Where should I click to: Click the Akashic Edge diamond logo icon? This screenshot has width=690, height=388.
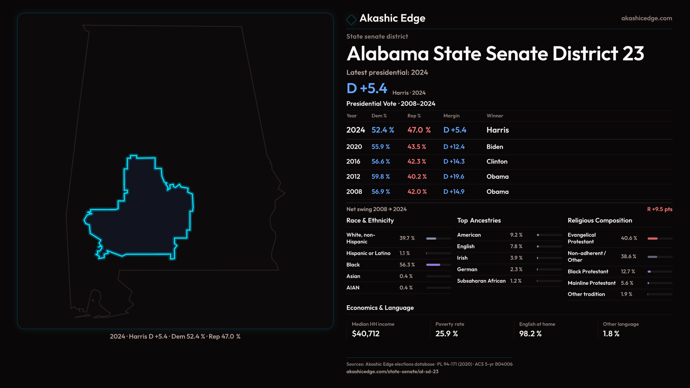[x=351, y=19]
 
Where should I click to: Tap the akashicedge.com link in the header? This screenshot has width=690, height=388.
[x=647, y=18]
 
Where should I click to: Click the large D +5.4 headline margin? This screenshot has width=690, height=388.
[x=367, y=88]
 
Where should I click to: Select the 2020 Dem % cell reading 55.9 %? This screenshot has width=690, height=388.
[x=381, y=147]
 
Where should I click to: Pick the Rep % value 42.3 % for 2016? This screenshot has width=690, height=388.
[x=417, y=162]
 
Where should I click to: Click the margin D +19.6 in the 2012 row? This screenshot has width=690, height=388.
[x=454, y=177]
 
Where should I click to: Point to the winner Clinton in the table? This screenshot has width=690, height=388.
[x=497, y=162]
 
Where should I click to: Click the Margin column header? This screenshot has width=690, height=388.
[x=451, y=116]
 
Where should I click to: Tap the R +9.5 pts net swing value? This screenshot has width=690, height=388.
[x=659, y=209]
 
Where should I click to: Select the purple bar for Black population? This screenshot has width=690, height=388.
[x=433, y=265]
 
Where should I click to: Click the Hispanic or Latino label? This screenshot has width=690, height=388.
[x=368, y=253]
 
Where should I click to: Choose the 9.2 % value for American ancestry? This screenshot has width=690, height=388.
[x=516, y=235]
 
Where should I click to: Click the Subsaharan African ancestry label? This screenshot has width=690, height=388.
[x=481, y=281]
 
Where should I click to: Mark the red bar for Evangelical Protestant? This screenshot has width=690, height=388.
[x=652, y=239]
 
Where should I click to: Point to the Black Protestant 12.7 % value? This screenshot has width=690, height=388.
[x=627, y=272]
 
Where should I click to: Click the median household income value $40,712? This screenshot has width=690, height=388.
[x=365, y=334]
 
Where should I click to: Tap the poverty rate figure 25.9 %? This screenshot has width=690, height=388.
[x=446, y=334]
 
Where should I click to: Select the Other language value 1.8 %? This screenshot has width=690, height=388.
[x=611, y=334]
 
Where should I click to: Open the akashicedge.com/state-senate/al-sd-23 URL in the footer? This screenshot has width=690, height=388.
[x=392, y=371]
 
